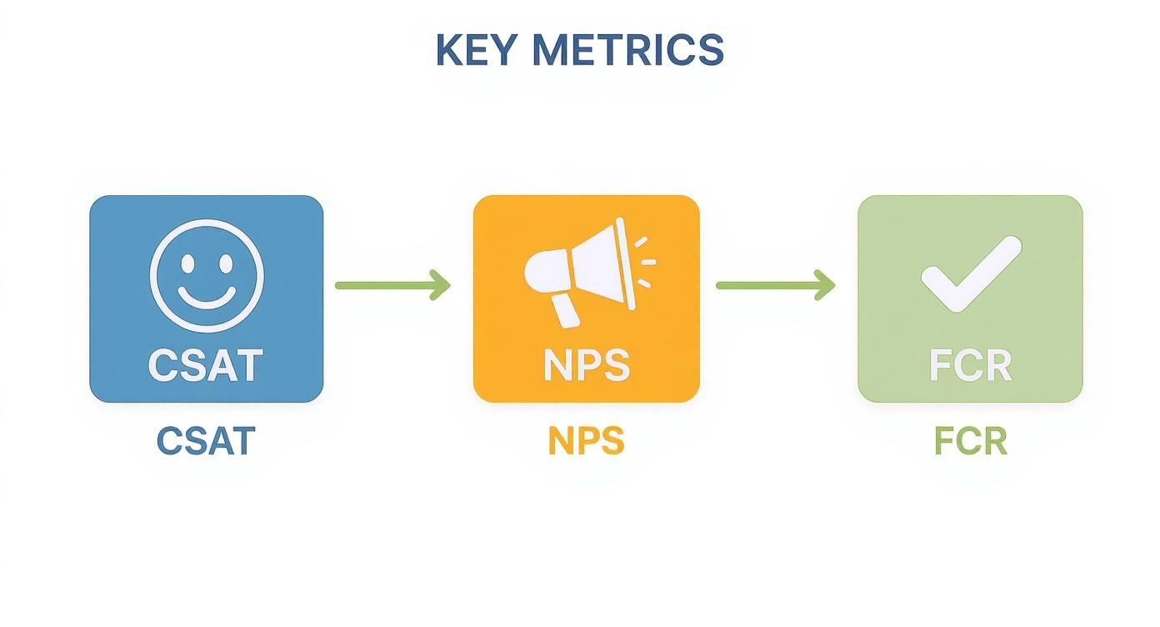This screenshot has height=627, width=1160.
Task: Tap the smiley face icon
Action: [x=207, y=275]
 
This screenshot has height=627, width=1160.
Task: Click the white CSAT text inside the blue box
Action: [x=206, y=365]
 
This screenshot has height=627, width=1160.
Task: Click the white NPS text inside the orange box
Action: [x=586, y=365]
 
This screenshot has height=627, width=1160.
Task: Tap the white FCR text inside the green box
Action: [x=970, y=365]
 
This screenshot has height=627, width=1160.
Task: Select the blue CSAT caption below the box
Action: [x=206, y=441]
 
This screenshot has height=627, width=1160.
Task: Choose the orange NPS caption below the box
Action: [x=586, y=441]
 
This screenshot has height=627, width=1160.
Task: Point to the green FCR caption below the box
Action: [x=970, y=441]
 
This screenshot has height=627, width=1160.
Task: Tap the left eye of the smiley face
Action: [x=188, y=263]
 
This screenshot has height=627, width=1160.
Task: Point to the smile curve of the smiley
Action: [x=207, y=298]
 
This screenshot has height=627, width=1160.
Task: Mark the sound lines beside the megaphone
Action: [x=645, y=261]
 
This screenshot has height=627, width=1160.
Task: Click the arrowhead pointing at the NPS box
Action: [x=442, y=285]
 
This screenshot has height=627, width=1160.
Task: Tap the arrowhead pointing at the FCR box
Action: [x=826, y=285]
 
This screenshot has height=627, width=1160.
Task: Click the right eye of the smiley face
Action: [x=225, y=263]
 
